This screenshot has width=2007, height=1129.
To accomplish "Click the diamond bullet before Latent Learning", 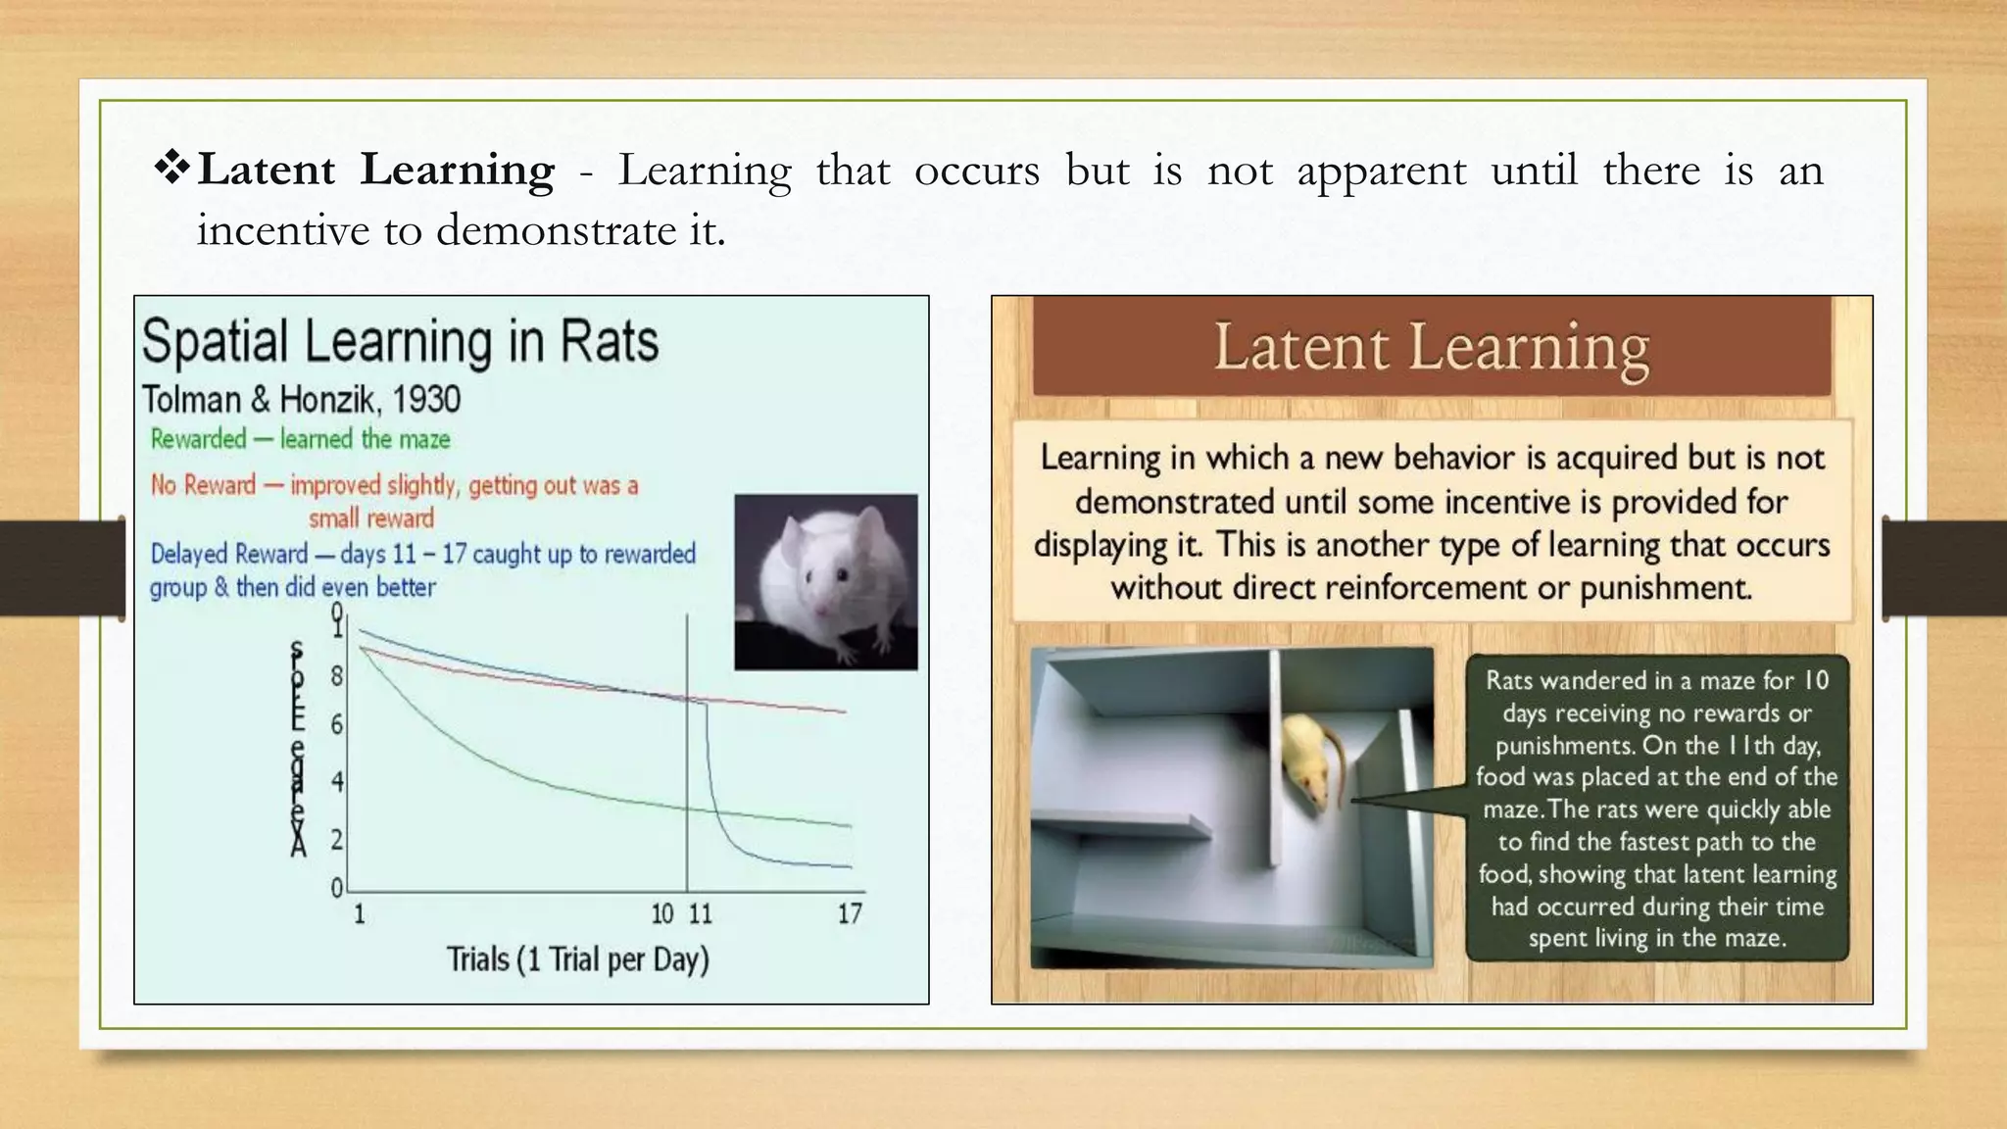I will [172, 169].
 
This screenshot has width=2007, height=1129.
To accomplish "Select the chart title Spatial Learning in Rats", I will [400, 341].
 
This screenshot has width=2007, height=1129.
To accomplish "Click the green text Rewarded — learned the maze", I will [300, 439].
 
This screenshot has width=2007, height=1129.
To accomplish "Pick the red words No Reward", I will [203, 485].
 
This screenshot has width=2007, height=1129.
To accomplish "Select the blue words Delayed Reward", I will [228, 554].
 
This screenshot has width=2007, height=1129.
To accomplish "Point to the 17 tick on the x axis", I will [849, 913].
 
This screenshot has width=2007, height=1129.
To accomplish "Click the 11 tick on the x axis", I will [700, 913].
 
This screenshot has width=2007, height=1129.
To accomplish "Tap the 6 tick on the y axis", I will [336, 725].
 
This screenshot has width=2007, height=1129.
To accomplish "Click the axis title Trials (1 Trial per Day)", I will [577, 958].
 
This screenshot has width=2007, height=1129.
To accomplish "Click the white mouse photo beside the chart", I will [825, 582].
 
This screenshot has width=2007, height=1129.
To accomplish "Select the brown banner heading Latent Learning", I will [1431, 347].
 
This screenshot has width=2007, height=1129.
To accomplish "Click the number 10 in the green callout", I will [1816, 680].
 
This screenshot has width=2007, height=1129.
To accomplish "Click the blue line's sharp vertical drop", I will [707, 755].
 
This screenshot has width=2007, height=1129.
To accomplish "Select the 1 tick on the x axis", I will [359, 913].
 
